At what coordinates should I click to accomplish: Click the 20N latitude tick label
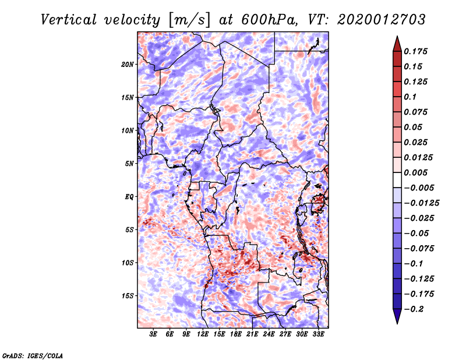click(128, 64)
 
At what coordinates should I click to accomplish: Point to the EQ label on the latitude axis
click(129, 196)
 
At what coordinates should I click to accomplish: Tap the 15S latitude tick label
click(128, 295)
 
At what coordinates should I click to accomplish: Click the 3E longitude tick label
click(154, 334)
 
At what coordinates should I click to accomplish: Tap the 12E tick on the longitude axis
click(203, 334)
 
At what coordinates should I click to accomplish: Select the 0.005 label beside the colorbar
click(417, 172)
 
